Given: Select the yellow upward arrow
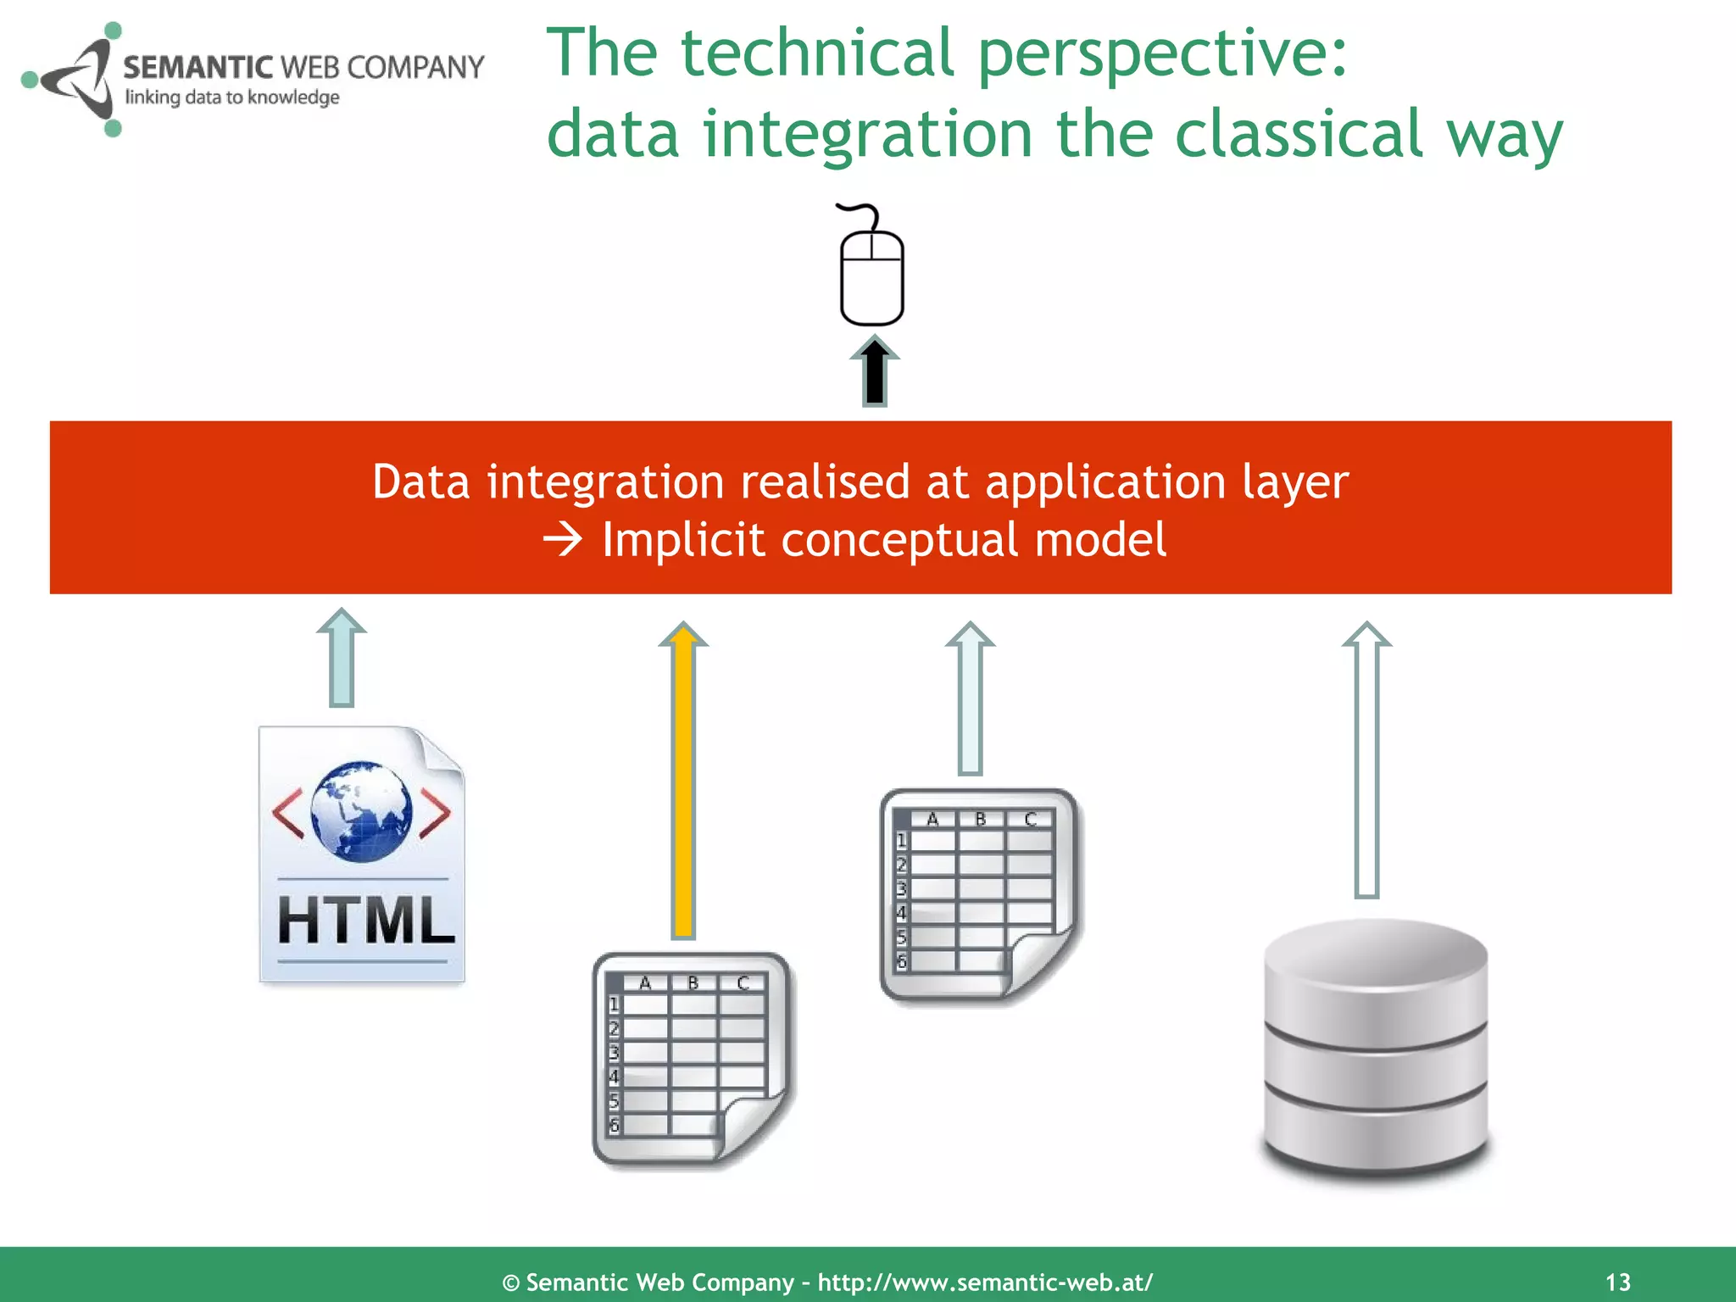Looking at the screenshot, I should click(683, 780).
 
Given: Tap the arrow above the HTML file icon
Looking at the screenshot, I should click(342, 658).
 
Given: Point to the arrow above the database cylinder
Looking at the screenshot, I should click(1366, 759).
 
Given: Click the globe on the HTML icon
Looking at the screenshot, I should click(362, 811).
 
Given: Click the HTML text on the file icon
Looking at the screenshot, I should click(365, 921).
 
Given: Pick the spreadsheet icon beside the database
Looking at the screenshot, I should click(979, 894).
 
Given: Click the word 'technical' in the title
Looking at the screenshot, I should click(817, 53).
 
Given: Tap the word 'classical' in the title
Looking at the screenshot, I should click(1297, 134).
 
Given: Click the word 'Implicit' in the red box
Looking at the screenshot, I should click(683, 540).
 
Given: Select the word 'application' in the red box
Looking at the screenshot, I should click(1104, 482).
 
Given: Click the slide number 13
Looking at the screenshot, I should click(1617, 1282).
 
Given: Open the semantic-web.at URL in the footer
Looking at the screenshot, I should click(984, 1282).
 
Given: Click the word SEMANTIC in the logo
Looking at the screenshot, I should click(198, 67).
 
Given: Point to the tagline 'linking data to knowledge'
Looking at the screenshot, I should click(232, 97).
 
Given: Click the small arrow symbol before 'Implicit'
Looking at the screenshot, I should click(563, 539).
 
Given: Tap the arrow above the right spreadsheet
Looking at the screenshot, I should click(970, 698).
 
